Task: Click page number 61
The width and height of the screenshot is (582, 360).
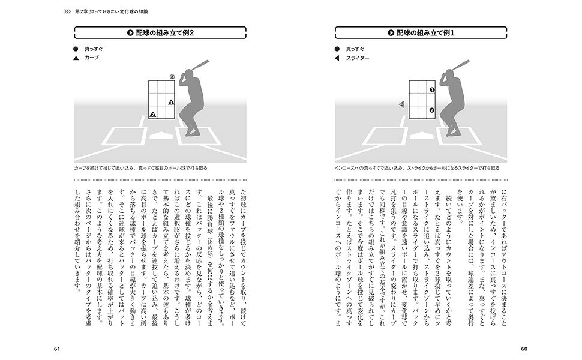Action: pos(57,349)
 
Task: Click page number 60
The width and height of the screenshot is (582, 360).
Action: pos(524,349)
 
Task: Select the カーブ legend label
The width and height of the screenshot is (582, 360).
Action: pos(92,58)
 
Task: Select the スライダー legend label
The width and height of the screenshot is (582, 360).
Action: pos(358,58)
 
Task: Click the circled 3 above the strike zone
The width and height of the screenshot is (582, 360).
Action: pos(172,77)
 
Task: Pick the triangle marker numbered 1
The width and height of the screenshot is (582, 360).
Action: pos(171,102)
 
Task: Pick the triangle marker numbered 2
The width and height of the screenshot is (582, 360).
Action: pos(152,115)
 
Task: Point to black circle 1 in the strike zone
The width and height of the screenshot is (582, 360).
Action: pos(431,90)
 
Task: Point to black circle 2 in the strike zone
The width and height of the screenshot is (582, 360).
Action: pos(431,110)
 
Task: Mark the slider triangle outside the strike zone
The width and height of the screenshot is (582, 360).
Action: pos(401,104)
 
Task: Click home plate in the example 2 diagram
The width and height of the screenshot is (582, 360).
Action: pos(161,136)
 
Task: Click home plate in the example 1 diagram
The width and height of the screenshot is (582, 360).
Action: pos(421,136)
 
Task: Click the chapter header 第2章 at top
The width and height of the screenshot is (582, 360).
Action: pos(81,11)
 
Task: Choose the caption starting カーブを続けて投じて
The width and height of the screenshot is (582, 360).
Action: pos(140,168)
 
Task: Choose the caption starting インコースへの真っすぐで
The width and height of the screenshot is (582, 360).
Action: pos(417,168)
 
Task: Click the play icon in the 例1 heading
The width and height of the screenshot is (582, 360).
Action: pos(391,32)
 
